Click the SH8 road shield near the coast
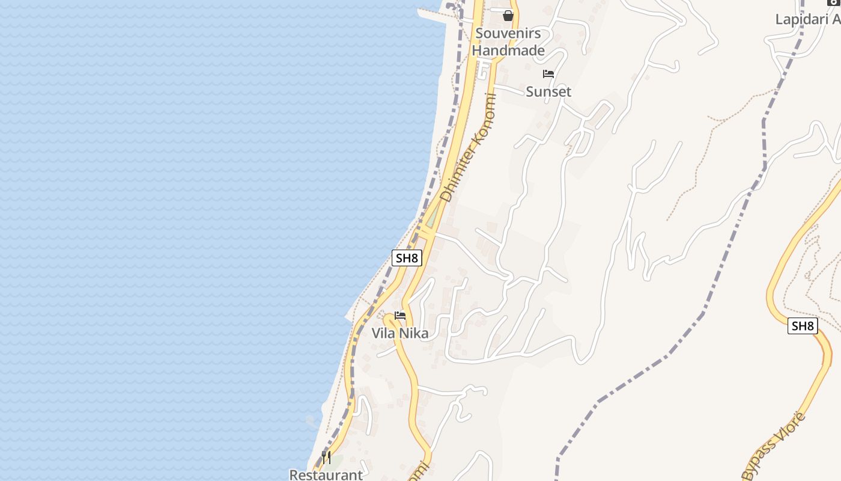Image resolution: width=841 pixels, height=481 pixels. tap(407, 259)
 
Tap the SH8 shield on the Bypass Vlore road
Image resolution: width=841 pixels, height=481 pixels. tap(803, 326)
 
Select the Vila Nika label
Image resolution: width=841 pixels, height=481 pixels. tap(400, 333)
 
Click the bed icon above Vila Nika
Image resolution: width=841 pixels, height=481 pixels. tap(400, 316)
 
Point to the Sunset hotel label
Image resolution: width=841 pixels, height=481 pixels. tap(548, 91)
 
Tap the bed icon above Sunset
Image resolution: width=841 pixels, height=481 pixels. tap(548, 75)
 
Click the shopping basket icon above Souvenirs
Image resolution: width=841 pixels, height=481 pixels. tap(508, 16)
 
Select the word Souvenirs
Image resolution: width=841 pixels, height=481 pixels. tap(508, 34)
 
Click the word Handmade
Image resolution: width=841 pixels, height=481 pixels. tap(508, 51)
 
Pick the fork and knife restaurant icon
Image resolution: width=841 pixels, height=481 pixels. tap(326, 458)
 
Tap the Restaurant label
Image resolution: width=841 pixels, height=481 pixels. tap(326, 474)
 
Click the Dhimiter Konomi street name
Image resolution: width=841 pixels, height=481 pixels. tap(469, 148)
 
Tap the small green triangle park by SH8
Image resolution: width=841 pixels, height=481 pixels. tap(431, 218)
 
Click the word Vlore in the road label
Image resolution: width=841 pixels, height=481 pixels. tap(789, 427)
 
